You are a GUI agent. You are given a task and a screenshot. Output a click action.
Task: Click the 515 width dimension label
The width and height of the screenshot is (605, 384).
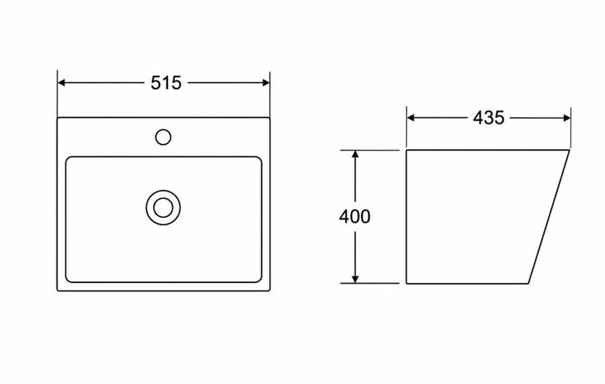[x=166, y=83]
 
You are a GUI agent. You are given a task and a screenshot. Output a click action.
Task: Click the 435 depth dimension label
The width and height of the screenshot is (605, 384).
[x=489, y=118]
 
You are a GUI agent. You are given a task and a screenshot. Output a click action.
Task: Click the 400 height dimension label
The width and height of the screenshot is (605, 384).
[x=354, y=217]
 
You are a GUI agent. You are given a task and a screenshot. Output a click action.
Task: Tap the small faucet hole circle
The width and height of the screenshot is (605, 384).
[x=163, y=137]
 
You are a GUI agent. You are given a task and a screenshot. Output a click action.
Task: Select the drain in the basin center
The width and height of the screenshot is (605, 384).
[x=163, y=208]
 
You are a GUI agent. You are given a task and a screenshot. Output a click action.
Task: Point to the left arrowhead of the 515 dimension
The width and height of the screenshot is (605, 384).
[x=61, y=83]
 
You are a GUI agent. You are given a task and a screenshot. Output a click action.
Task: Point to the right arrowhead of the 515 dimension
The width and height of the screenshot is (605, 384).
[x=266, y=83]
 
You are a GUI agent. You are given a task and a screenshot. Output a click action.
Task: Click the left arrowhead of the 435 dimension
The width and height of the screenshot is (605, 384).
[x=411, y=118]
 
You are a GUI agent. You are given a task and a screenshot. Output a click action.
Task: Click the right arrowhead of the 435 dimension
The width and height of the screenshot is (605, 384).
[x=567, y=118]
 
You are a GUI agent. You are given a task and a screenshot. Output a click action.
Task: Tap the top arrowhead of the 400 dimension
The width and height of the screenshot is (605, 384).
[x=356, y=155]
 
